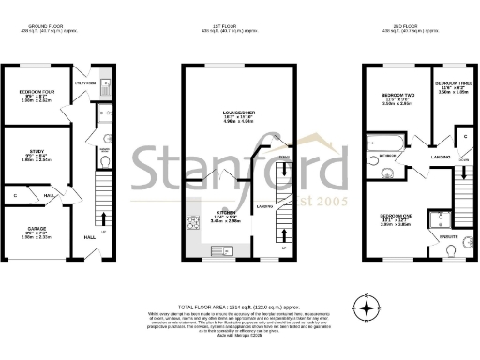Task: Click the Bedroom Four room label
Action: pos(37,92)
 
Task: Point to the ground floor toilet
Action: pos(105,160)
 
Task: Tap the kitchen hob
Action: pos(193,222)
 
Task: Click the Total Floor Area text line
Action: pos(239,307)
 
